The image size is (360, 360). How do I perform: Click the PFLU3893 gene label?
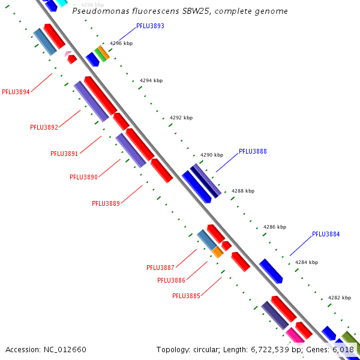coord(150,26)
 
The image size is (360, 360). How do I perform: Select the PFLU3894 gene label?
coord(16,92)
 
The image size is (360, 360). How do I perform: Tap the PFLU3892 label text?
coord(44,127)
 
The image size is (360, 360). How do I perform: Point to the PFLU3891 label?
coord(64,154)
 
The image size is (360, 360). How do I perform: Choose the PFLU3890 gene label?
coord(83,177)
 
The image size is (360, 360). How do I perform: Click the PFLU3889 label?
coord(106,203)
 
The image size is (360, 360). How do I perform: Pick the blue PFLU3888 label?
coord(253,151)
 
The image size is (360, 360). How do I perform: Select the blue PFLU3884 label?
coord(326,234)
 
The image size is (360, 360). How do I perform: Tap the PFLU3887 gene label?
coord(160,268)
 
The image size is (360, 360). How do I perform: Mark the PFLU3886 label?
coord(171,280)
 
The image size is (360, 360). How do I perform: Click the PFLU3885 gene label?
coord(186,296)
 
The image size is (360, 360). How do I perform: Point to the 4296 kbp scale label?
coord(121,43)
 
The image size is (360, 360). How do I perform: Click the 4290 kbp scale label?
coord(212,155)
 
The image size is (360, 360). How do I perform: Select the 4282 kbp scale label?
coord(339,298)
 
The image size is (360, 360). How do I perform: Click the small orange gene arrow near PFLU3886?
coord(217,253)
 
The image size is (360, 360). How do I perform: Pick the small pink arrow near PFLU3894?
coord(67,54)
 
